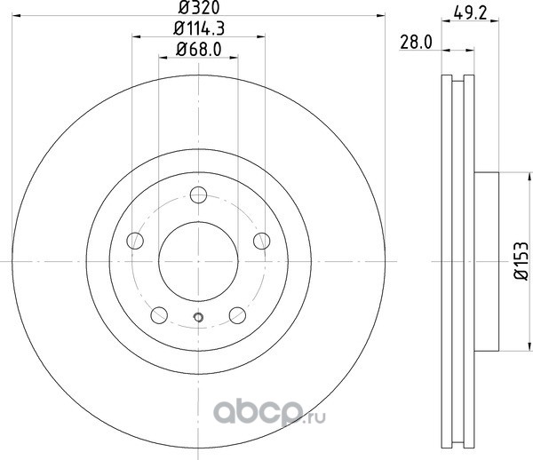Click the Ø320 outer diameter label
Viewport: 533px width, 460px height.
[x=199, y=8]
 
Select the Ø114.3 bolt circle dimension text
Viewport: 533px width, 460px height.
[x=199, y=28]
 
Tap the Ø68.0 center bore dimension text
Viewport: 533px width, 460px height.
[x=199, y=49]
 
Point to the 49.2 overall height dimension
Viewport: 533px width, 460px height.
[x=471, y=13]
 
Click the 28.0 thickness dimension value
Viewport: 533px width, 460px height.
[x=416, y=43]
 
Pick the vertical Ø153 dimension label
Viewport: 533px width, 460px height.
[x=521, y=261]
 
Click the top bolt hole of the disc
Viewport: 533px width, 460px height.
[x=198, y=194]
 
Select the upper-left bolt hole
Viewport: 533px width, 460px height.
[x=135, y=241]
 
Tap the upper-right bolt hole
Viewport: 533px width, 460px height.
[x=262, y=241]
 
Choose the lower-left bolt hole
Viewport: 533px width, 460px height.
[x=159, y=315]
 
